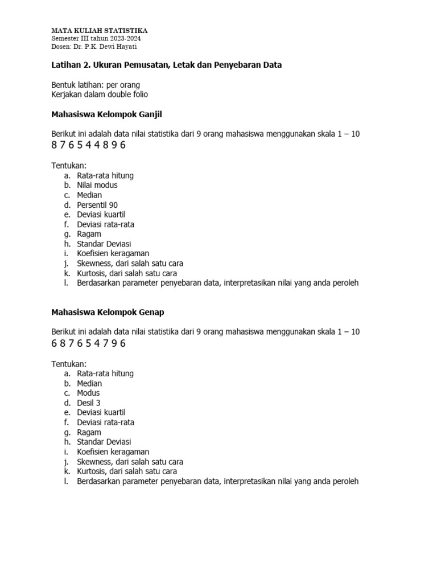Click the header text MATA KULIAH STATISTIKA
pos(99,30)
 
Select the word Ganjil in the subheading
pos(150,114)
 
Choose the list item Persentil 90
pos(97,205)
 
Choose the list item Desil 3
pos(89,403)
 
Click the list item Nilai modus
pos(97,185)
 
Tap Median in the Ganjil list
pos(89,195)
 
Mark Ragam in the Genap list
pos(89,432)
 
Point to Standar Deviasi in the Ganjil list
pos(104,244)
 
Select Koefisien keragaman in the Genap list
pos(113,452)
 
